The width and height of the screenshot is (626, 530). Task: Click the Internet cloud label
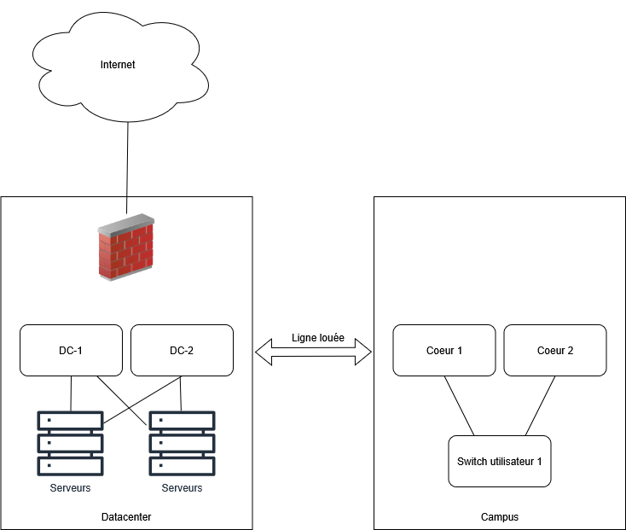click(x=118, y=64)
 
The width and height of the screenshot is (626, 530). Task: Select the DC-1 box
click(x=71, y=350)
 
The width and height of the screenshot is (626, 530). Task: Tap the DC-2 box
click(x=182, y=350)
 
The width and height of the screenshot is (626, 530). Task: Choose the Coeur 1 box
click(x=443, y=350)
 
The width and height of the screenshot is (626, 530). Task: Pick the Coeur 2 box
click(x=555, y=350)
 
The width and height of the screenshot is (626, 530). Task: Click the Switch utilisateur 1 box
click(x=500, y=461)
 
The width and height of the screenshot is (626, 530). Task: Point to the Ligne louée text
click(x=318, y=337)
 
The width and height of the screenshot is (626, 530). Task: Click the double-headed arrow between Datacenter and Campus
click(x=314, y=352)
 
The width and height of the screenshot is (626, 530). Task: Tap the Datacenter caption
click(x=126, y=517)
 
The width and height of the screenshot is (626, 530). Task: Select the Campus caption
click(x=500, y=517)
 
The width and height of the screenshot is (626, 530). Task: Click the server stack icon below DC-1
click(x=70, y=444)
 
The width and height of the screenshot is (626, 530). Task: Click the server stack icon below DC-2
click(x=182, y=444)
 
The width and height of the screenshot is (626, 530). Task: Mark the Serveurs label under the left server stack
click(x=70, y=488)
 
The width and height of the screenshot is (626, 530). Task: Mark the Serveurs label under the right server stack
click(x=182, y=488)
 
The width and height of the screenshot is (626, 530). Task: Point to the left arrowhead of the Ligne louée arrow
click(x=264, y=352)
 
